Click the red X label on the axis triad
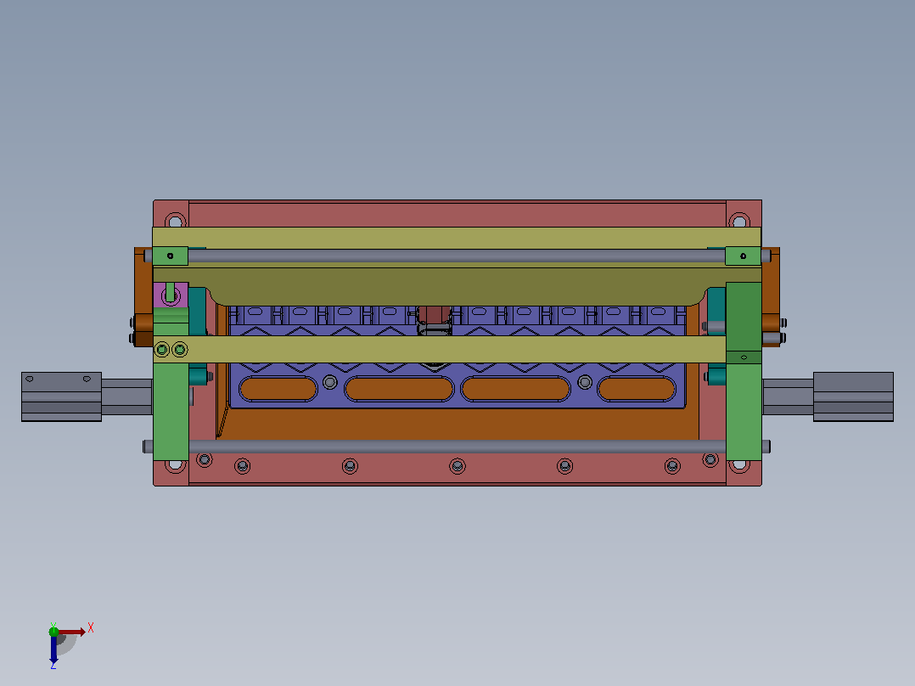[x=91, y=628]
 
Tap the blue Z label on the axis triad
[x=53, y=665]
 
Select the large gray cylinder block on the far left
[x=61, y=396]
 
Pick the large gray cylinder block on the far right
[x=853, y=396]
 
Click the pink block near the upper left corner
[x=171, y=295]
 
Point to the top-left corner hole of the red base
[x=175, y=222]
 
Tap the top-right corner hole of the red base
[x=739, y=222]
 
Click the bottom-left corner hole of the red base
[x=175, y=465]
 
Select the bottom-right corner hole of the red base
[x=738, y=465]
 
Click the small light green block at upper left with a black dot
[x=171, y=256]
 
